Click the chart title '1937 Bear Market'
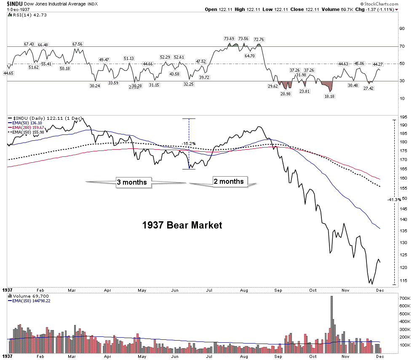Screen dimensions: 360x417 pos(182,225)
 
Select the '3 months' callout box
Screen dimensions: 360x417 pos(132,182)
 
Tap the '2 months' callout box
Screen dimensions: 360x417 pos(229,181)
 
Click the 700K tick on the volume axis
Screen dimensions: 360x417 pos(405,298)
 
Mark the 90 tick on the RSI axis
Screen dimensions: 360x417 pos(402,29)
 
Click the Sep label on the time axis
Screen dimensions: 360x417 pos(278,290)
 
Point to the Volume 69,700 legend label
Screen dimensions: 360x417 pos(27,297)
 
